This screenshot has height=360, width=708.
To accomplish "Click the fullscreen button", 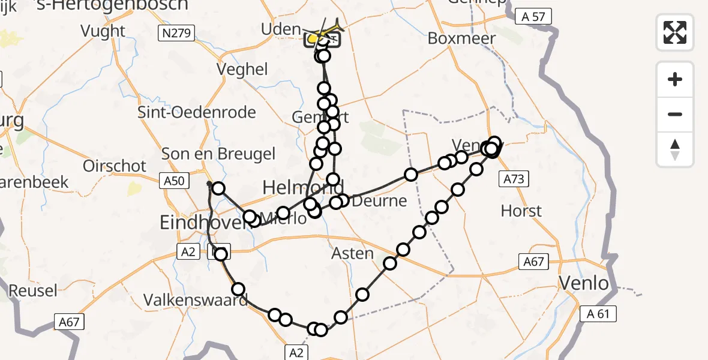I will click(675, 32).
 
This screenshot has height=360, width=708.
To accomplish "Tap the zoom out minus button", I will click(675, 114).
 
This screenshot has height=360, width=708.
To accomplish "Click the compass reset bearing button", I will click(675, 149).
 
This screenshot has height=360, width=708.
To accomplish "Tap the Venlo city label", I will click(584, 283).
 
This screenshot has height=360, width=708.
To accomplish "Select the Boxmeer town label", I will click(462, 38).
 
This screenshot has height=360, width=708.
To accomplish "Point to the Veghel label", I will click(243, 70).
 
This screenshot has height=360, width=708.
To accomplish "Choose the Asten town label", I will click(353, 254).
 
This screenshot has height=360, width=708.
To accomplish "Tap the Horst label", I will click(521, 211).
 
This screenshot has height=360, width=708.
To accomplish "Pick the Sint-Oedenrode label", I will click(197, 112).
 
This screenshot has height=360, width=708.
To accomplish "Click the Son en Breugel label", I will click(218, 154).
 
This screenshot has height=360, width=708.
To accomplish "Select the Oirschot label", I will click(115, 166).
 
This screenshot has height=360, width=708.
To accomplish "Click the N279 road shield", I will click(177, 34).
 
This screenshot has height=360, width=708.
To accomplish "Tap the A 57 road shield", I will click(533, 17).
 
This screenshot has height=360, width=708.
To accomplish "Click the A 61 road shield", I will click(598, 313).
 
